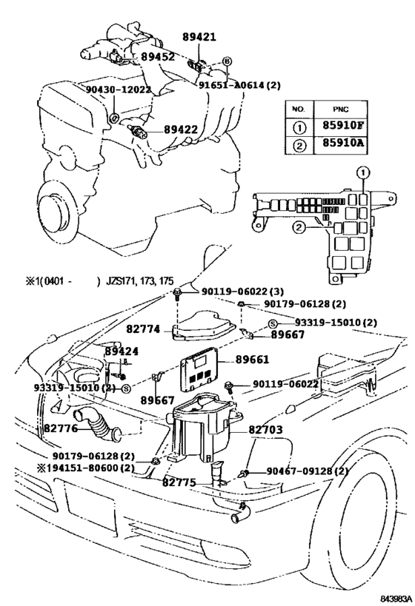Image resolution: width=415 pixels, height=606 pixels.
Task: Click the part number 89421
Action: [199, 37]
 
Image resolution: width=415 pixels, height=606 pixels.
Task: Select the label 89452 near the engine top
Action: [158, 56]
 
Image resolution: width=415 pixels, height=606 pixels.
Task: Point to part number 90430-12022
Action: [118, 90]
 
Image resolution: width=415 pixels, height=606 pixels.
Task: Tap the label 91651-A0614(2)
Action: [239, 85]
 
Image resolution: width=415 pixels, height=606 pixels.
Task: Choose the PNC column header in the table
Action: [339, 108]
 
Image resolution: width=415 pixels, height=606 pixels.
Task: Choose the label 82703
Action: [256, 428]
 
